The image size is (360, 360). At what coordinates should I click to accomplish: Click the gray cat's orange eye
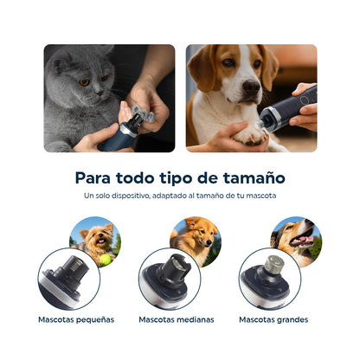pyautogui.click(x=85, y=81)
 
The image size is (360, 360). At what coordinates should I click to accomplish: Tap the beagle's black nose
pyautogui.click(x=252, y=88)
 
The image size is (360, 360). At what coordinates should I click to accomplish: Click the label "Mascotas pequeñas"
pyautogui.click(x=76, y=319)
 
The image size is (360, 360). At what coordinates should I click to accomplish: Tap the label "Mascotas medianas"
pyautogui.click(x=177, y=319)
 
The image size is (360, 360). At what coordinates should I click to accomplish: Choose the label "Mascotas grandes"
pyautogui.click(x=273, y=319)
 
